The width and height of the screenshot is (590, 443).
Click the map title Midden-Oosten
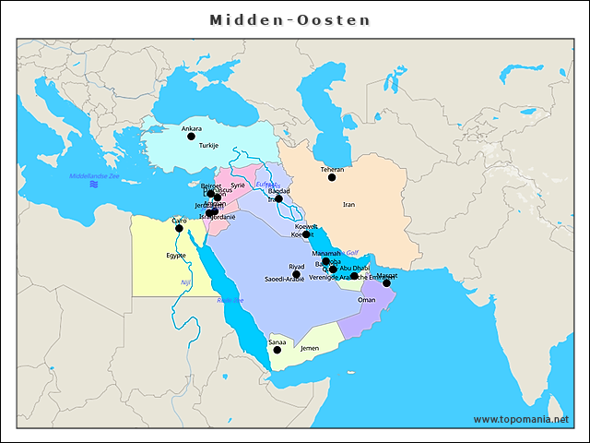[289, 19]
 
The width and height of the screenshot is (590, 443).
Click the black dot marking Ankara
[192, 137]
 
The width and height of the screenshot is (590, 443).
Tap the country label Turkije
[209, 146]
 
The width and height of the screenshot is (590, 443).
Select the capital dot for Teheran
[332, 177]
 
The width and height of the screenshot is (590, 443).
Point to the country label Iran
[348, 204]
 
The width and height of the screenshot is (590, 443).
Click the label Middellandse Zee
[95, 175]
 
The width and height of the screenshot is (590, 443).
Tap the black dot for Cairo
[180, 228]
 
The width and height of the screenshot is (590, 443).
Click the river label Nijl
[184, 282]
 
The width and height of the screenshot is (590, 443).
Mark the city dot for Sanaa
[277, 350]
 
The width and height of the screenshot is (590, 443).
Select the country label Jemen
[310, 348]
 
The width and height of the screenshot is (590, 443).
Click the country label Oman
[367, 299]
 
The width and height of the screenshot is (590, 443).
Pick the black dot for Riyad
[297, 274]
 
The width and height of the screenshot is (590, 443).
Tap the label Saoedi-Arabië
[284, 279]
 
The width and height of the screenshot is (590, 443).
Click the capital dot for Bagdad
[278, 198]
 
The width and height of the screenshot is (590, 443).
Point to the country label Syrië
[238, 185]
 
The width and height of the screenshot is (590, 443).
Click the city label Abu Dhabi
[355, 268]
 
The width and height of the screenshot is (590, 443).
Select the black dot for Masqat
[387, 283]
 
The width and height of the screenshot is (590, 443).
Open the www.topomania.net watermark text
[521, 419]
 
